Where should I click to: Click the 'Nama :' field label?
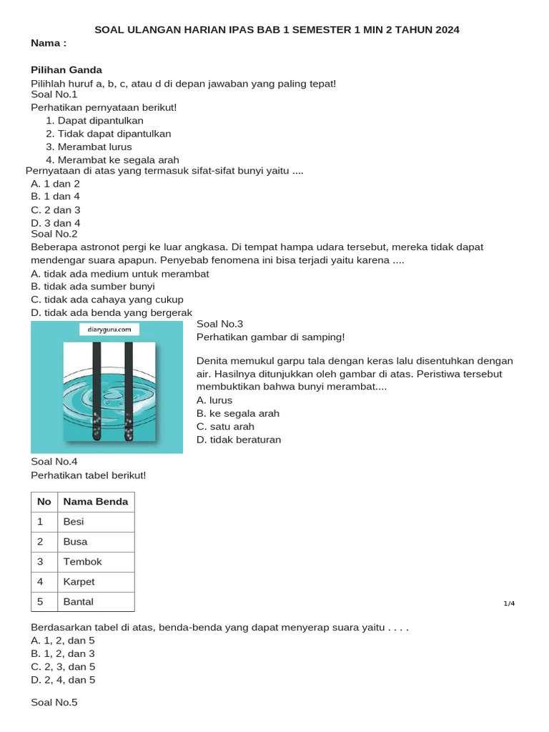click(x=49, y=44)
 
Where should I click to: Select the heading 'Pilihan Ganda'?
click(x=66, y=70)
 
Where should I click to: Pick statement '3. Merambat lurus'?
click(x=89, y=147)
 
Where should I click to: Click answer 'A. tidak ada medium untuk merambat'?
click(x=120, y=274)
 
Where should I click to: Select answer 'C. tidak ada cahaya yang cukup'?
click(x=107, y=300)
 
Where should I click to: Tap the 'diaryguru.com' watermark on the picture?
click(x=109, y=330)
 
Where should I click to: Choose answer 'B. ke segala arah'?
click(x=238, y=413)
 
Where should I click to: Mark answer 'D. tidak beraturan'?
click(x=239, y=440)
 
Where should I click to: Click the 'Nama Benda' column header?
click(x=96, y=502)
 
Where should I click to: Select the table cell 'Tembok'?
click(x=83, y=562)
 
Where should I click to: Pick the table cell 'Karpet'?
click(x=79, y=582)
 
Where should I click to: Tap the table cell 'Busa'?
click(x=75, y=542)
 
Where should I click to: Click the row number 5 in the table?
click(x=41, y=602)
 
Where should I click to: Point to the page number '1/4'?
click(x=509, y=603)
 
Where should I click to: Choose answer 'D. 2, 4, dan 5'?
click(x=63, y=680)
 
